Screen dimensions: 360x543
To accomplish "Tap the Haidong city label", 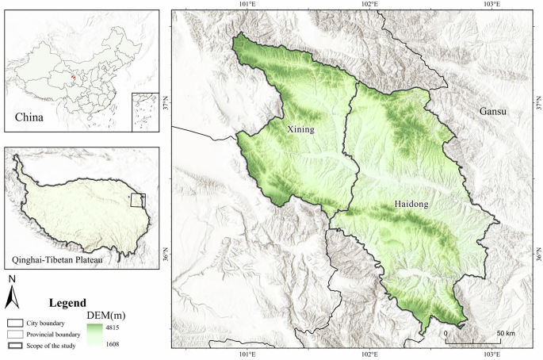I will (x=411, y=205).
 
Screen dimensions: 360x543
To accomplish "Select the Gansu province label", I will (x=492, y=112).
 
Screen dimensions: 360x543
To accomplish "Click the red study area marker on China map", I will (x=73, y=78).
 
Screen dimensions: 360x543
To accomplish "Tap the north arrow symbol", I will (x=12, y=296).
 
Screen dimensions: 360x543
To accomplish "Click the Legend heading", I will (x=68, y=303).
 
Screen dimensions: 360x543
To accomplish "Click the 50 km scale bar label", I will (x=505, y=333).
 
